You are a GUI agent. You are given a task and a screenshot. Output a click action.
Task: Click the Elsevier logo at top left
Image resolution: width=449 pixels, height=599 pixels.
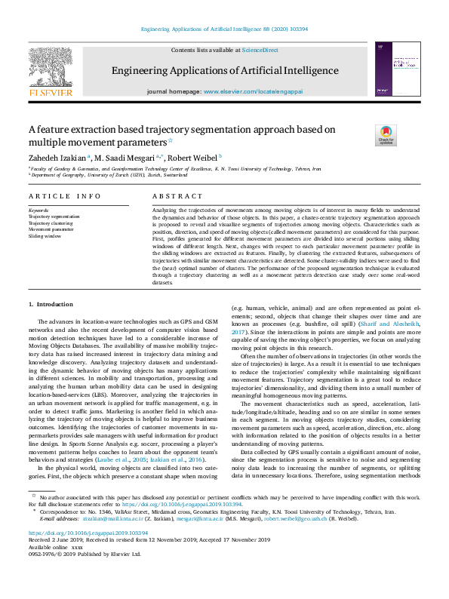point(51,71)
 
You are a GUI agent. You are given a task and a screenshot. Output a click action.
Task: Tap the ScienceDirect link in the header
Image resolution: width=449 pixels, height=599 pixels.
point(260,50)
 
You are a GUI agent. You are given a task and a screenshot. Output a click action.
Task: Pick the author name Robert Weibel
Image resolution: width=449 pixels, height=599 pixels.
point(192,158)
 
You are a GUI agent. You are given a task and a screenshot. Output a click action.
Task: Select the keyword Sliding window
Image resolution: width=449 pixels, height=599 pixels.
point(45,236)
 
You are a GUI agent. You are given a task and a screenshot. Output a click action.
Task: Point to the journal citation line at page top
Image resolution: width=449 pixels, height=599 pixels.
point(224,29)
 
